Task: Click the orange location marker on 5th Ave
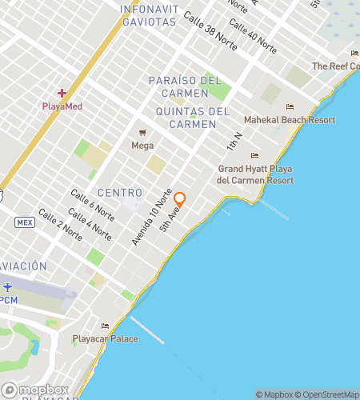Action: [x=180, y=199]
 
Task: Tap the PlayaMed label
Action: [x=62, y=106]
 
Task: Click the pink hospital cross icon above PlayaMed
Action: [x=62, y=94]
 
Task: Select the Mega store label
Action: [x=142, y=146]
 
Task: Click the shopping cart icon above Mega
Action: [x=142, y=133]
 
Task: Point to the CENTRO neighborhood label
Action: [x=120, y=193]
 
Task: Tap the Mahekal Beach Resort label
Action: [x=289, y=120]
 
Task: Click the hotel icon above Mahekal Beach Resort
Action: [x=290, y=107]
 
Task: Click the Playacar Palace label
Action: [x=105, y=338]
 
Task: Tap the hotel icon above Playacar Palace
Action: [x=105, y=326]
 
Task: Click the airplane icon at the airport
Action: [x=7, y=287]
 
